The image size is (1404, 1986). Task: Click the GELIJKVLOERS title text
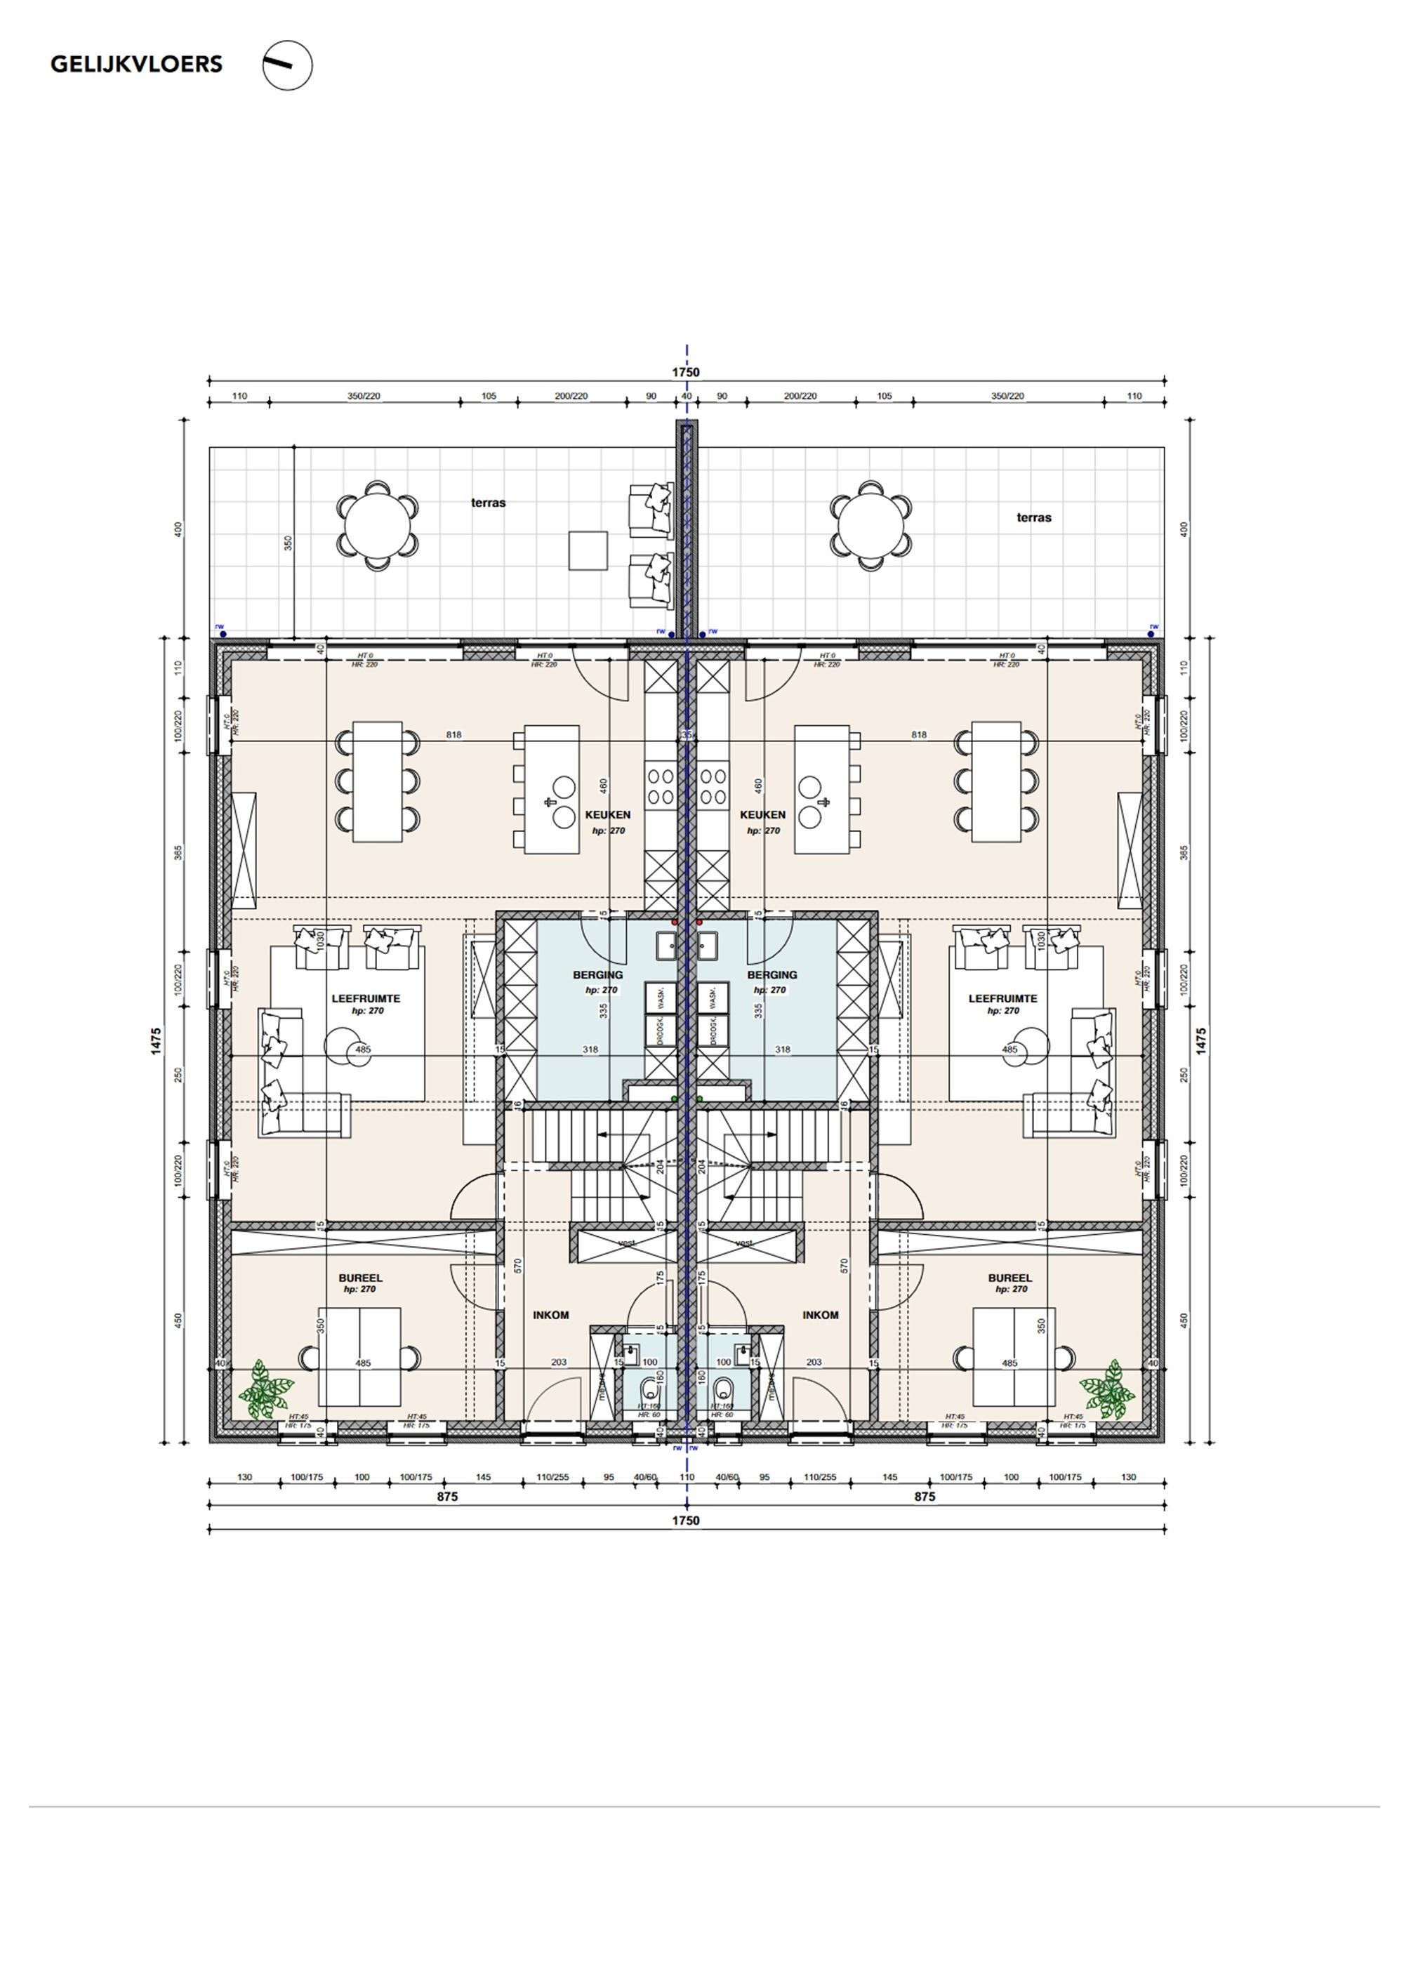135,64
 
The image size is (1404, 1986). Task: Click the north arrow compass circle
287,66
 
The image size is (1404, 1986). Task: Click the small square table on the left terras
588,550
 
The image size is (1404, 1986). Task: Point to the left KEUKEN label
607,814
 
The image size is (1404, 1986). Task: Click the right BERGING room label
771,975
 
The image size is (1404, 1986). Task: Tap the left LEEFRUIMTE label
366,998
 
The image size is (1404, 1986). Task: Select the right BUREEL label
1009,1278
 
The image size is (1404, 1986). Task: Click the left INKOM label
551,1315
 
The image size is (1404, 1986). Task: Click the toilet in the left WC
649,1393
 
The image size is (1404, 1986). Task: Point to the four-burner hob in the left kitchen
661,786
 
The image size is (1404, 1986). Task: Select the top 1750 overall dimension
686,373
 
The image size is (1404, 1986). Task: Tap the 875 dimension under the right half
925,1497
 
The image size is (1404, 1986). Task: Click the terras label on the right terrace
1034,517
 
